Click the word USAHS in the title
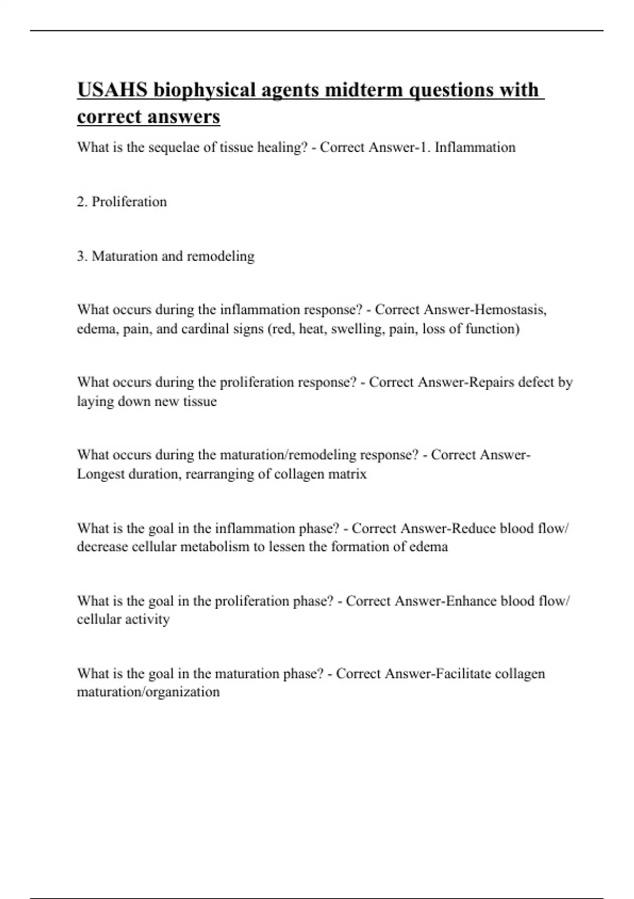tap(113, 90)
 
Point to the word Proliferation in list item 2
tap(129, 201)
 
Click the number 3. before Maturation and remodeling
tap(82, 256)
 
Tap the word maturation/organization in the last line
tap(148, 692)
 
